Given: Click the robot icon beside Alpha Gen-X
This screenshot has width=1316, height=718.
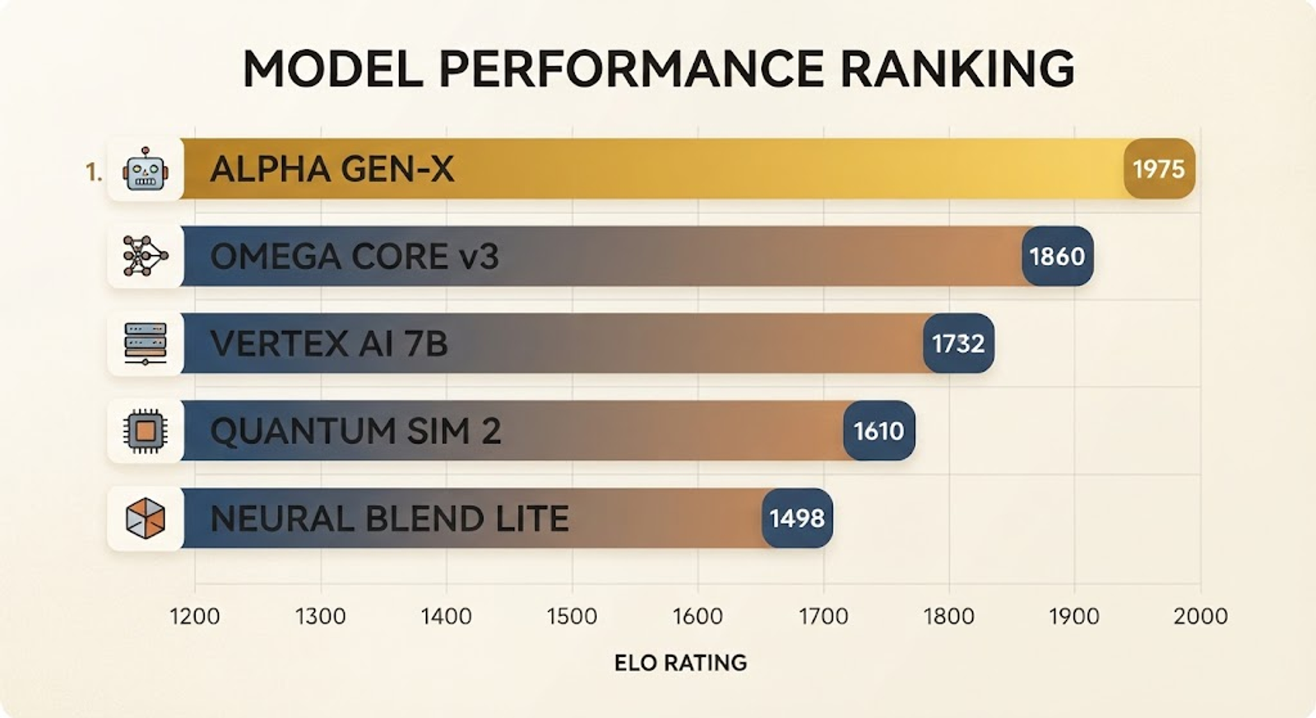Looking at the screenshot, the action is tap(145, 169).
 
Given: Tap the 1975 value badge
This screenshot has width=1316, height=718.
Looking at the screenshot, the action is tap(1159, 169).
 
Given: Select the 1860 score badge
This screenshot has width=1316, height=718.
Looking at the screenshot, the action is tap(1058, 256).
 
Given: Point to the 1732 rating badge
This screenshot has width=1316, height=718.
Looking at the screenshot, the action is tap(959, 343).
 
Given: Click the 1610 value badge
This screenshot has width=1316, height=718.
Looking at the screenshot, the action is tap(879, 431).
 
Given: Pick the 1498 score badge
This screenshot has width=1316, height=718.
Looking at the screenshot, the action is tap(797, 518).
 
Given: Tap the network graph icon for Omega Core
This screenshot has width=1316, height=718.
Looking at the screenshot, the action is tap(146, 256).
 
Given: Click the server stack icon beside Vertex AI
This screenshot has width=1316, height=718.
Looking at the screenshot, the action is tap(146, 344).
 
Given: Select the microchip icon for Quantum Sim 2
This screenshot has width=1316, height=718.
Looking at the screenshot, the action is tap(146, 431).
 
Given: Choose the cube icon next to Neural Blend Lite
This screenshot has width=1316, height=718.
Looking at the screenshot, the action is tap(146, 518).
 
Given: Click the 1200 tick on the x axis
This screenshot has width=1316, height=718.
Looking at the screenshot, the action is tap(195, 616).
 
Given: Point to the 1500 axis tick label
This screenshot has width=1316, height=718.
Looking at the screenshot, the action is tap(572, 616).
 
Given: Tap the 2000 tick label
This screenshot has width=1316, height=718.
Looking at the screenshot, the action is tap(1200, 616).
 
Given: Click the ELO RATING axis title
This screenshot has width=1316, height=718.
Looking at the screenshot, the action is tap(680, 663).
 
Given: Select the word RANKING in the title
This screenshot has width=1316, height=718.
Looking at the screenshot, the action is tap(957, 69).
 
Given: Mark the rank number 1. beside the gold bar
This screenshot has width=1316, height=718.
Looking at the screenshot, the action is tap(94, 172).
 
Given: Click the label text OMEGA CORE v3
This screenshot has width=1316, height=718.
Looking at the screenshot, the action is tap(354, 257).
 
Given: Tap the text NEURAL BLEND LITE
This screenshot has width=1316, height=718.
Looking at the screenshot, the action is tap(390, 519).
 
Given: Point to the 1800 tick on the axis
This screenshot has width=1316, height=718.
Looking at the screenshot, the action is tap(949, 616).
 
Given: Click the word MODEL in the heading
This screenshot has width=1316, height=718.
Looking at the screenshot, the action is tap(333, 69).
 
